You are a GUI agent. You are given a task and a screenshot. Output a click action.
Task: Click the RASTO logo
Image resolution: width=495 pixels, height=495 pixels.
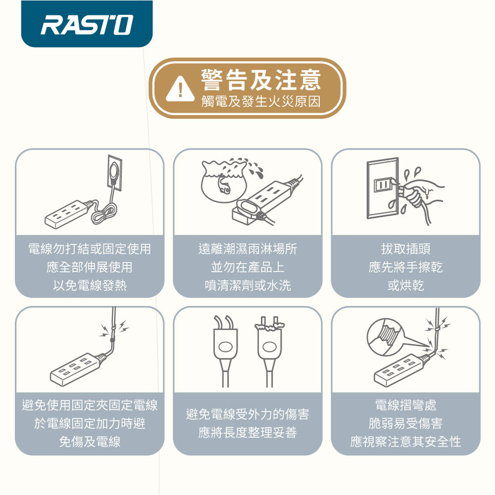coord(87,24)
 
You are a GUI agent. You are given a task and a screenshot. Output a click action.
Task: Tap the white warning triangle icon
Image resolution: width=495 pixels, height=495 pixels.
coord(180,89)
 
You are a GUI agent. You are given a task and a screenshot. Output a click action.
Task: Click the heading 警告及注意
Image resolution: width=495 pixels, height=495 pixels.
coord(261,80)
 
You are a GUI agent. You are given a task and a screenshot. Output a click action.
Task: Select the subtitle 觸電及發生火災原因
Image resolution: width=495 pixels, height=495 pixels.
coord(261,101)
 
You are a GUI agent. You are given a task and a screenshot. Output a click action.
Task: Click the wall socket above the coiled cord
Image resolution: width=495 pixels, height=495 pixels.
coord(114,173)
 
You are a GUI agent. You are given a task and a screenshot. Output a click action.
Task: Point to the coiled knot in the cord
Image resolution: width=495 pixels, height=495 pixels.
coord(104,214)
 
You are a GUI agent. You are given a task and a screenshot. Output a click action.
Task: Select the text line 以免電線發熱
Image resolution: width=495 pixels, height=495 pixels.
coord(90,286)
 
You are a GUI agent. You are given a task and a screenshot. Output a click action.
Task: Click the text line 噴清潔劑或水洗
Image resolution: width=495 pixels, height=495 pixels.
coord(248,286)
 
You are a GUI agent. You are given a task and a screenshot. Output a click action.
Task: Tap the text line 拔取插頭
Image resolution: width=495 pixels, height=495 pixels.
coord(406,249)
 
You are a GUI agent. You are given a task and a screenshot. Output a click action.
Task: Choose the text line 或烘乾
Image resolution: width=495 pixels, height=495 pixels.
coord(406,286)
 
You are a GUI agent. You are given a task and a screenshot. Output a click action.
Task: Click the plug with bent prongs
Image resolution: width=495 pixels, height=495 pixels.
coord(225,350)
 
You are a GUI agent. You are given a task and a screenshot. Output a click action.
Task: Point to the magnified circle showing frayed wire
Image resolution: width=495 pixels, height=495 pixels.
coord(386,337)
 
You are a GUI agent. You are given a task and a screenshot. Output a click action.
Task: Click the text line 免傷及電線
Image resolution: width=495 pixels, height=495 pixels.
coord(90,442)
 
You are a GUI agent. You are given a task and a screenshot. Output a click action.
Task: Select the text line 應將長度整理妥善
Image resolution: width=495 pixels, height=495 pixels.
coord(248,432)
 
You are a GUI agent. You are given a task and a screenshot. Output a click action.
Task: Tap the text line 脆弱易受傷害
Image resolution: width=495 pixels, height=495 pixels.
coord(406,423)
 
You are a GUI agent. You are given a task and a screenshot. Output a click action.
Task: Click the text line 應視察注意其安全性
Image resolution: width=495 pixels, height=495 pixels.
coord(406,442)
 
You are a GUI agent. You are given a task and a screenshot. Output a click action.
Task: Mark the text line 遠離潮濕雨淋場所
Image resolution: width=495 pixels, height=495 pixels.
coord(248,249)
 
